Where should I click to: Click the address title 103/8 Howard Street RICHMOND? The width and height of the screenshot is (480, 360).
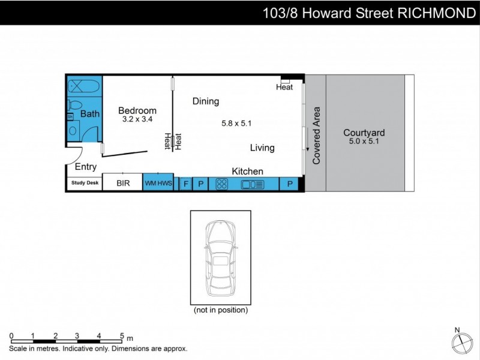click(369, 13)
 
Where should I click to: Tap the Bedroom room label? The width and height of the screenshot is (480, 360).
click(137, 110)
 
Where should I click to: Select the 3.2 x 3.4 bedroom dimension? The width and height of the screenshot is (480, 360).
click(137, 119)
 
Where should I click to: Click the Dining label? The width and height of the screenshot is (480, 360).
click(205, 101)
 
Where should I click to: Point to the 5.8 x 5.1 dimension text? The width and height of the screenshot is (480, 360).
click(236, 124)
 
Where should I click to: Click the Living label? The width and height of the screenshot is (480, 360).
click(262, 148)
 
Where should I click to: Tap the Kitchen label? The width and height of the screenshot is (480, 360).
click(247, 172)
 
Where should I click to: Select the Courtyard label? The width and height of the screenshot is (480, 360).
click(364, 133)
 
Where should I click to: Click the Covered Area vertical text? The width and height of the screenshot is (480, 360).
click(317, 136)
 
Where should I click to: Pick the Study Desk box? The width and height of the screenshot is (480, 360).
click(85, 184)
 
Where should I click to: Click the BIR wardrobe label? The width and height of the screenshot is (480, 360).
click(122, 184)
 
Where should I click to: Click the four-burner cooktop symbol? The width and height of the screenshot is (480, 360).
click(221, 184)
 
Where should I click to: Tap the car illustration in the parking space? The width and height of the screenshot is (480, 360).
click(220, 258)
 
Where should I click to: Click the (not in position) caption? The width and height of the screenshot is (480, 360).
click(220, 310)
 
